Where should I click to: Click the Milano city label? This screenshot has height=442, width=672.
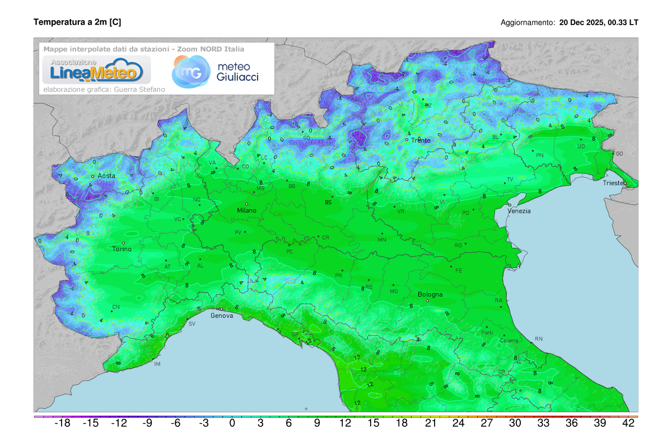pyautogui.click(x=246, y=210)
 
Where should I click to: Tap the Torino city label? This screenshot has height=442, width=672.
pyautogui.click(x=122, y=249)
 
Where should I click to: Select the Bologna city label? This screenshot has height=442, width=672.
pyautogui.click(x=430, y=294)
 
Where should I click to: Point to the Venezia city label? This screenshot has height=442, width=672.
pyautogui.click(x=519, y=211)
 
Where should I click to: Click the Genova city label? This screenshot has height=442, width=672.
pyautogui.click(x=221, y=316)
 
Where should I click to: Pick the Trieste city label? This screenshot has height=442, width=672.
pyautogui.click(x=615, y=183)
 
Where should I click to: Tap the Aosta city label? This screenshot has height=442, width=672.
pyautogui.click(x=106, y=176)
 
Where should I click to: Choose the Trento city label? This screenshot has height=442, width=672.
pyautogui.click(x=421, y=140)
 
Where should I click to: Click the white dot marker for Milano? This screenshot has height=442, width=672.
pyautogui.click(x=246, y=204)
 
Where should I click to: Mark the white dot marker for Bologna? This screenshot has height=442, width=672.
pyautogui.click(x=428, y=301)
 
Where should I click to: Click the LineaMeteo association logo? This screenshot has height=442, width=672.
pyautogui.click(x=93, y=70)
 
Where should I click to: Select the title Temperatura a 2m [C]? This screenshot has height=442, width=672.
pyautogui.click(x=77, y=22)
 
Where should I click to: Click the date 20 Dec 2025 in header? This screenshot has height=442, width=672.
pyautogui.click(x=582, y=22)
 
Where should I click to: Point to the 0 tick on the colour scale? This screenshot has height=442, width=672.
pyautogui.click(x=232, y=424)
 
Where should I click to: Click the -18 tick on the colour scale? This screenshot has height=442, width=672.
pyautogui.click(x=62, y=424)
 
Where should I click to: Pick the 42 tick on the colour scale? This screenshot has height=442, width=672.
pyautogui.click(x=628, y=424)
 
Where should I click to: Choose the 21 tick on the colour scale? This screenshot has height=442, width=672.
pyautogui.click(x=430, y=424)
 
